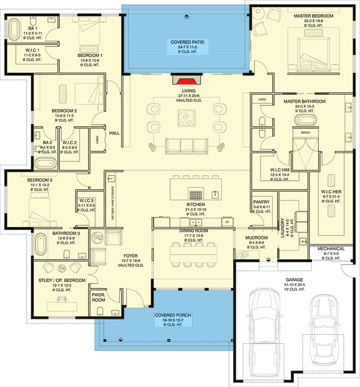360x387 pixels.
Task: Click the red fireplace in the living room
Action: tap(184, 81)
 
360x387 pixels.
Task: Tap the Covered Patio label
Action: tap(187, 42)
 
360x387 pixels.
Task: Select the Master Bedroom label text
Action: tap(313, 16)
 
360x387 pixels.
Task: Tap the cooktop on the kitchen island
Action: tap(196, 195)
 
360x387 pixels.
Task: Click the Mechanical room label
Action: tap(331, 249)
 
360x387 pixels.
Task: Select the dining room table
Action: tap(194, 253)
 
